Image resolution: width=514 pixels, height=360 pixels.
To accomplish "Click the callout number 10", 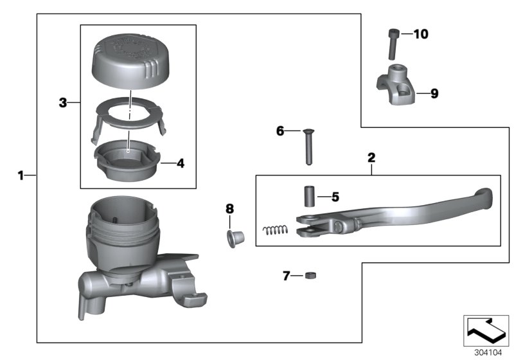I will click(x=420, y=33).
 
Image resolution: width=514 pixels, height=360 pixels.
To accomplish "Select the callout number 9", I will click(x=434, y=93).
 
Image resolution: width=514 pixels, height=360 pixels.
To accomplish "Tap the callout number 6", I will click(x=279, y=130).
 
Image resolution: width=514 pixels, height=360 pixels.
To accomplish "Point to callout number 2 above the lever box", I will click(x=371, y=157).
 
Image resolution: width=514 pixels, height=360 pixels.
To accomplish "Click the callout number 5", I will click(x=335, y=197).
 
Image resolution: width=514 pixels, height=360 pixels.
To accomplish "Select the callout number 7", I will click(x=287, y=276).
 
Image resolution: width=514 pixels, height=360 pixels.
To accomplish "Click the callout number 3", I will click(x=63, y=102).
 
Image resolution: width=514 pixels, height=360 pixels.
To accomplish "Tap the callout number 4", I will click(x=181, y=163).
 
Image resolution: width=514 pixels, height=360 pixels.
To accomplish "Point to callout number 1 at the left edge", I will click(x=21, y=175).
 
